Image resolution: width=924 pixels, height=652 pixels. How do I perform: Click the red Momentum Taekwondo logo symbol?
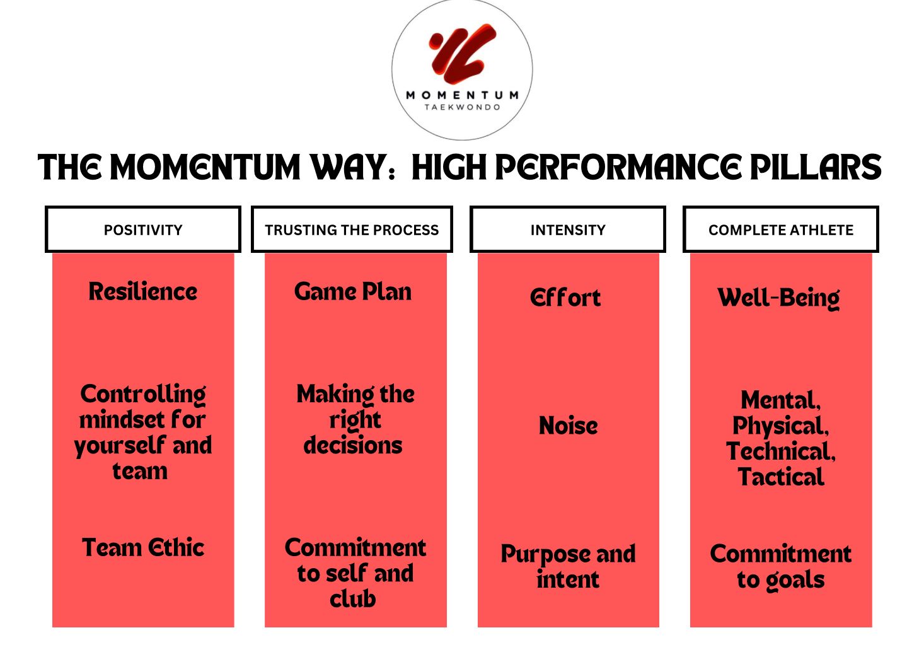[x=462, y=54]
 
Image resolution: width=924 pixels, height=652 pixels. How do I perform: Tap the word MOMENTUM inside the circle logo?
[x=463, y=95]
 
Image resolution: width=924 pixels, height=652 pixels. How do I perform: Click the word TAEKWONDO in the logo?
[x=463, y=107]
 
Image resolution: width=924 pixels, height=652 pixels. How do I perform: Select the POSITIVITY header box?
[x=142, y=230]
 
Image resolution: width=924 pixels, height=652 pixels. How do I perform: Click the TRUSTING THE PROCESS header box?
[x=352, y=230]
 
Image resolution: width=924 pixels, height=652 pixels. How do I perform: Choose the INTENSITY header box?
[x=568, y=230]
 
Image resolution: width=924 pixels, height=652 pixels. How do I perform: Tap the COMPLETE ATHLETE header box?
[x=781, y=230]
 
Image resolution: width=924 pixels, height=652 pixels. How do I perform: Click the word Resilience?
[x=142, y=292]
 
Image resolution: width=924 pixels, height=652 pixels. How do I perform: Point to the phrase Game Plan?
[x=353, y=292]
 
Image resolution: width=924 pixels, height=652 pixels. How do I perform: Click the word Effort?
[x=565, y=298]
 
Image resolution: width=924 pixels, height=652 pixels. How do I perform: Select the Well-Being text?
[x=778, y=298]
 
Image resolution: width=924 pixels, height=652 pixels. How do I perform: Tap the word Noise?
[x=568, y=426]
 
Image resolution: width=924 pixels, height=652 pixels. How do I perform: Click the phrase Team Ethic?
[x=142, y=547]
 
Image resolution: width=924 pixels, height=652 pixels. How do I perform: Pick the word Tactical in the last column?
[x=781, y=477]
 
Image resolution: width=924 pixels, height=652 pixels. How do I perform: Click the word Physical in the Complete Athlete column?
[x=780, y=427]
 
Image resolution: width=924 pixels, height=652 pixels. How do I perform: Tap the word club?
[x=353, y=599]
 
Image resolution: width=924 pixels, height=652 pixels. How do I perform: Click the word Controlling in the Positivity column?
[x=142, y=395]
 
